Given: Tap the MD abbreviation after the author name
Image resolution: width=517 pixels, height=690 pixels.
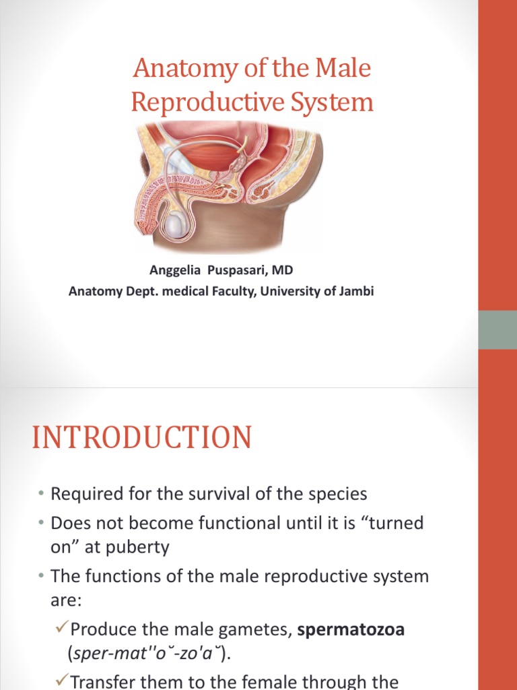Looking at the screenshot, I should [x=283, y=270].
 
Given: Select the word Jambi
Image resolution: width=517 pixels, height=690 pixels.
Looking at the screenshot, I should [x=349, y=291].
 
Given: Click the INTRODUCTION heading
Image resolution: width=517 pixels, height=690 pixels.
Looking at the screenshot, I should [x=142, y=438].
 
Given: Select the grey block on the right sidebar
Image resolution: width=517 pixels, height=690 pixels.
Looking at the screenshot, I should [x=497, y=330].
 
